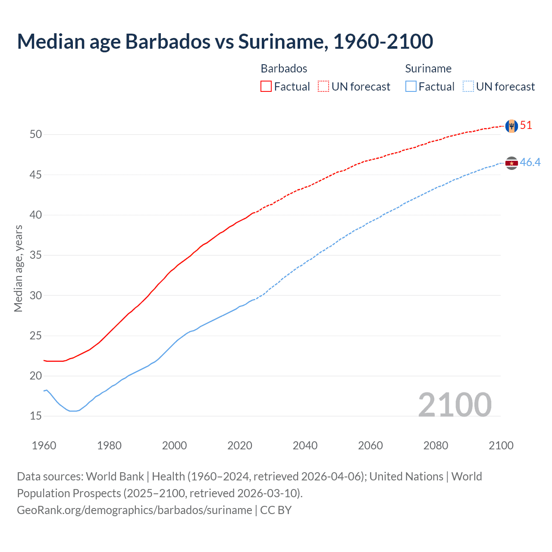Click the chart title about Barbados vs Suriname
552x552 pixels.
click(225, 41)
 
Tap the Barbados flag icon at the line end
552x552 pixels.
click(511, 126)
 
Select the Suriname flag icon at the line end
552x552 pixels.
click(511, 163)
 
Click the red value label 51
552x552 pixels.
click(526, 125)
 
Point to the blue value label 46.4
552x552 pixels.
click(530, 163)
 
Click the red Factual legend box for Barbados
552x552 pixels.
click(266, 87)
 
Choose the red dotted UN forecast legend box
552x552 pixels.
click(323, 87)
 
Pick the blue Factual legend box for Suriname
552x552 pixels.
click(411, 87)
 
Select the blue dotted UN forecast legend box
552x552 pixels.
click(468, 87)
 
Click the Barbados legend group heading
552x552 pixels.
click(284, 69)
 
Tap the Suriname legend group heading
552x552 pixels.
click(428, 69)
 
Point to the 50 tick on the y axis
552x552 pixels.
click(36, 135)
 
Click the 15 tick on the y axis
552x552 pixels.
click(36, 416)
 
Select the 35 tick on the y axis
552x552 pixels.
click(36, 255)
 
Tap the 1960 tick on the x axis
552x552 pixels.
click(44, 445)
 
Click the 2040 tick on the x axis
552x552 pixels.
click(305, 445)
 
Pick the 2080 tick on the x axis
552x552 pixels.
click(436, 445)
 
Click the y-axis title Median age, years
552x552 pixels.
click(18, 268)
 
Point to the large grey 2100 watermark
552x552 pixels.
click(455, 405)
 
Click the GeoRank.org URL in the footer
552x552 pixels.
click(135, 510)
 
